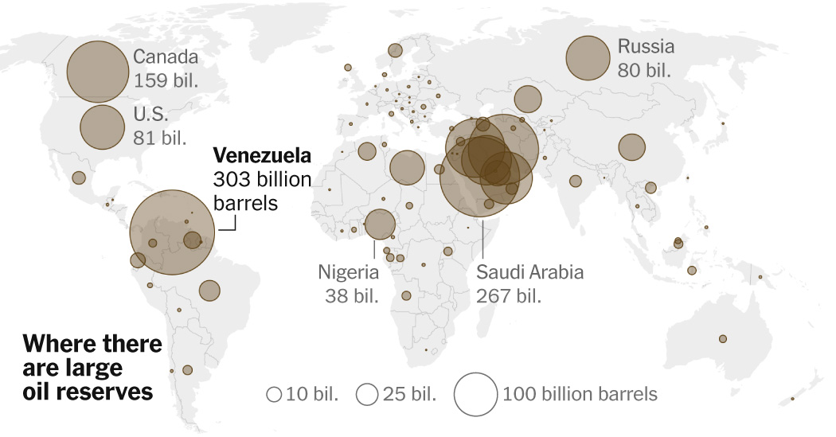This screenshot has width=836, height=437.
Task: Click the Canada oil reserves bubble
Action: tap(97, 72)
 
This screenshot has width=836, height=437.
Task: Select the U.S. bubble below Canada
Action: tap(102, 126)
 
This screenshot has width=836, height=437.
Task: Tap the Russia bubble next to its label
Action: tap(588, 58)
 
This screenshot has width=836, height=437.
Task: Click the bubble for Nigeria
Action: tap(379, 224)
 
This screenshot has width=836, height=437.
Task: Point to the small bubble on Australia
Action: tap(723, 338)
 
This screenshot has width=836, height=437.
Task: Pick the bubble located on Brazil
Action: tap(209, 291)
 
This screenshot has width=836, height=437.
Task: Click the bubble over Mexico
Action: tap(79, 178)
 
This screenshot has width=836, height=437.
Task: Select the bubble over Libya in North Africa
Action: tap(407, 168)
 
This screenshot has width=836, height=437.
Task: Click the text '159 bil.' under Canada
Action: tap(165, 81)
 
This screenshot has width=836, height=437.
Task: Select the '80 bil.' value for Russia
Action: tap(644, 69)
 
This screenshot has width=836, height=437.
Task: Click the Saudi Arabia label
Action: tap(529, 273)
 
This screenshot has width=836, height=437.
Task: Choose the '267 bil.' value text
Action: tap(509, 296)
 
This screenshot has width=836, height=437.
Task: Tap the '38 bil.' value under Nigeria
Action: tap(350, 296)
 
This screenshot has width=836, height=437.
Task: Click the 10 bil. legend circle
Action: tap(274, 394)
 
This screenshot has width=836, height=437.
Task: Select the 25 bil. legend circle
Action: tap(367, 394)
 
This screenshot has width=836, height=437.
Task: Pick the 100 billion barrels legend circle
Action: tap(475, 394)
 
